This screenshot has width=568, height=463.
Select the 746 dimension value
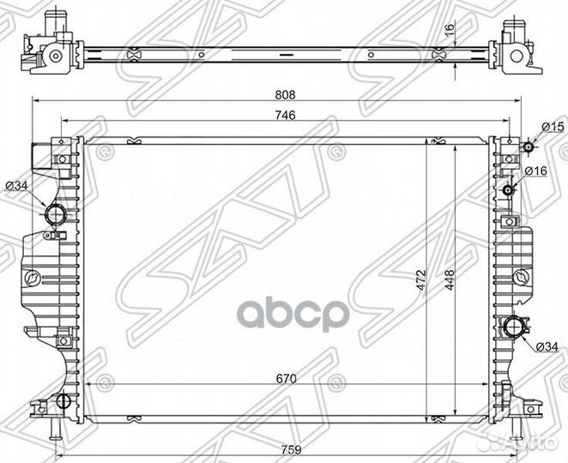[x=282, y=117]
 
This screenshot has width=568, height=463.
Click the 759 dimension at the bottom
[x=286, y=445]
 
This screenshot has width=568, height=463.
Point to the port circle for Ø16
[x=511, y=189]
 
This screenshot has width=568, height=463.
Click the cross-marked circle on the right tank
[x=520, y=277]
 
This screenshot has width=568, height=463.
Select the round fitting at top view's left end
[x=54, y=57]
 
